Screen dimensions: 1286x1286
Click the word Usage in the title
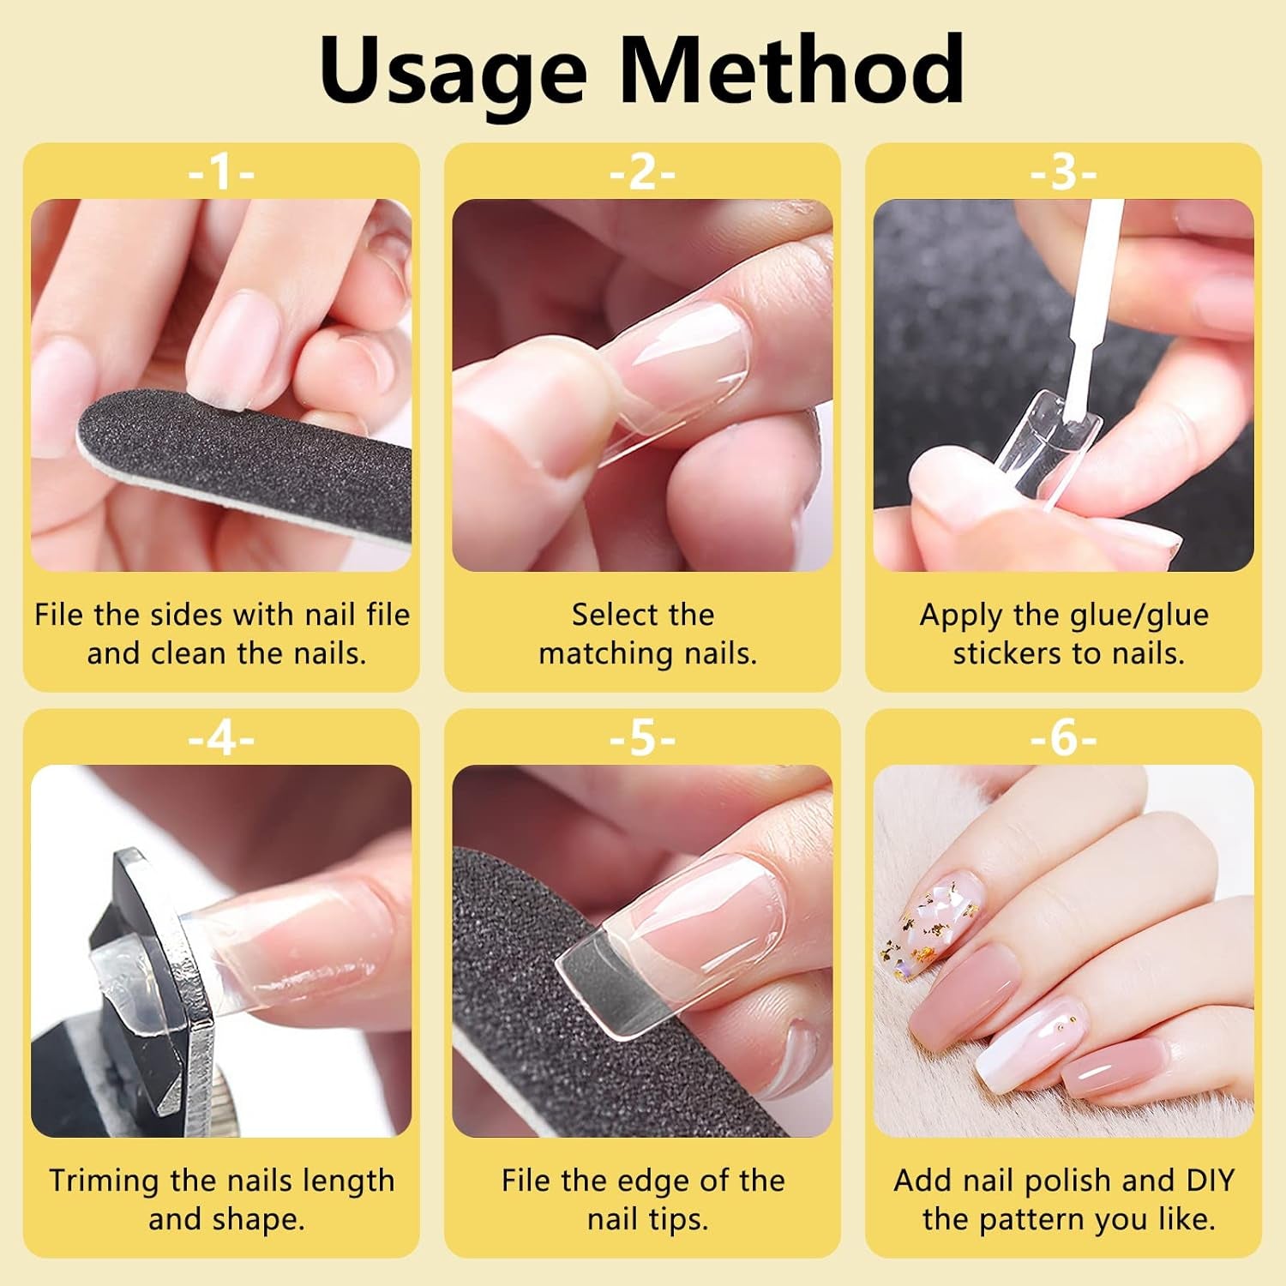tap(453, 73)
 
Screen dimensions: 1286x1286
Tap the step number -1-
tap(221, 172)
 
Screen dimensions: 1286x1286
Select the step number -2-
tap(642, 172)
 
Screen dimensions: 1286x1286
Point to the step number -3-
tap(1063, 172)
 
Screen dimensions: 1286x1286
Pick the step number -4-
tap(221, 738)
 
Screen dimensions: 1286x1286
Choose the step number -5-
tap(642, 738)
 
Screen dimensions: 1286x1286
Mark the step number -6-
tap(1063, 738)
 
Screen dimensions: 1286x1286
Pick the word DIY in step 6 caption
tap(1209, 1181)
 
